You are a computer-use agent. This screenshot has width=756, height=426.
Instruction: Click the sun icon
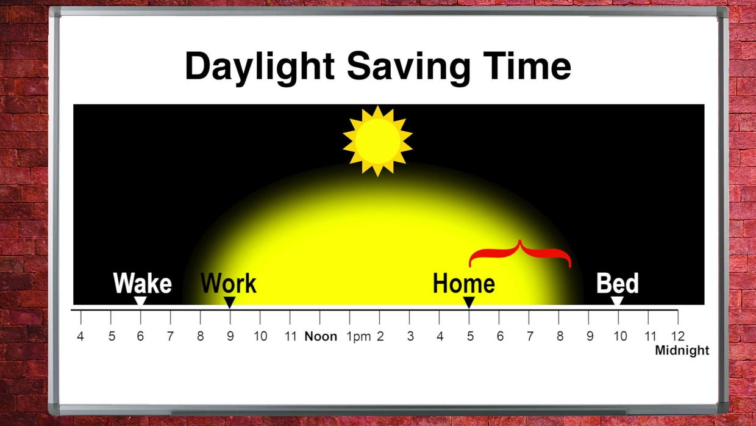(x=377, y=141)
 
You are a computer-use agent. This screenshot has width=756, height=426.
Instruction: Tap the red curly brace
(x=520, y=253)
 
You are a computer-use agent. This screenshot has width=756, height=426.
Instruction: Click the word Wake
(x=142, y=284)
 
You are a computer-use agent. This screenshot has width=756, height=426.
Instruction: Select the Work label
(x=229, y=284)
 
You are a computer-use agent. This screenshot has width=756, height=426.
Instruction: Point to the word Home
(x=463, y=284)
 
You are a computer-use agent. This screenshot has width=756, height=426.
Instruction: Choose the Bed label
(x=617, y=284)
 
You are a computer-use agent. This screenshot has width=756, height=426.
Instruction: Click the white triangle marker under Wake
(x=140, y=301)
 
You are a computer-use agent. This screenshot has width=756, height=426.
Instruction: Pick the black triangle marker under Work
(x=229, y=301)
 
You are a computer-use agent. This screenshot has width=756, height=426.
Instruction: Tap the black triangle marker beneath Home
(x=469, y=301)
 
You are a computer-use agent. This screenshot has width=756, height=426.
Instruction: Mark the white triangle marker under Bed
(x=617, y=301)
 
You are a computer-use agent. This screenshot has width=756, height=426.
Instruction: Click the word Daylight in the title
(x=260, y=67)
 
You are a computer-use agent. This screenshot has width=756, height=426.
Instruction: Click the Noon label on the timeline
(x=321, y=336)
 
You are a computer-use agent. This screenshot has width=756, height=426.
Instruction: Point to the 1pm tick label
(x=358, y=336)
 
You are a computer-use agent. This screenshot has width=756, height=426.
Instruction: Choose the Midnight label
(x=682, y=351)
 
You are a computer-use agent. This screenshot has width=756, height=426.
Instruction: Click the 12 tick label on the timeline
(x=677, y=336)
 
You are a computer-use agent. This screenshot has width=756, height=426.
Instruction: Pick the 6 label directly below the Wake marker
(x=140, y=336)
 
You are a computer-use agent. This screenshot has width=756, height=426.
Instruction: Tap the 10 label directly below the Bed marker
(x=619, y=336)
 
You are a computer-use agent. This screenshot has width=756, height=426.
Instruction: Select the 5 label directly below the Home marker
(x=469, y=336)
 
